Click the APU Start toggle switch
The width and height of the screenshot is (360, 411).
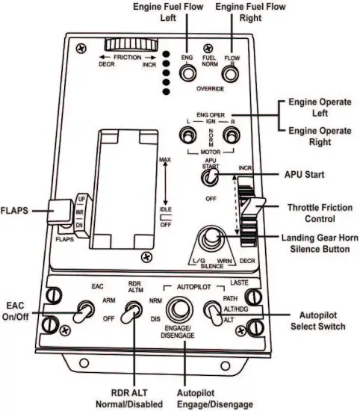coord(211,177)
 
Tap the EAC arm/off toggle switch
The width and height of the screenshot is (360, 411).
coord(78,313)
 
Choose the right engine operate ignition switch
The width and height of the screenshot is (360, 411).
coord(234,135)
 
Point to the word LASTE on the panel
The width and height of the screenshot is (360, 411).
coord(240,282)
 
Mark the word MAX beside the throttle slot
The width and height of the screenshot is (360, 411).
coord(165,161)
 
